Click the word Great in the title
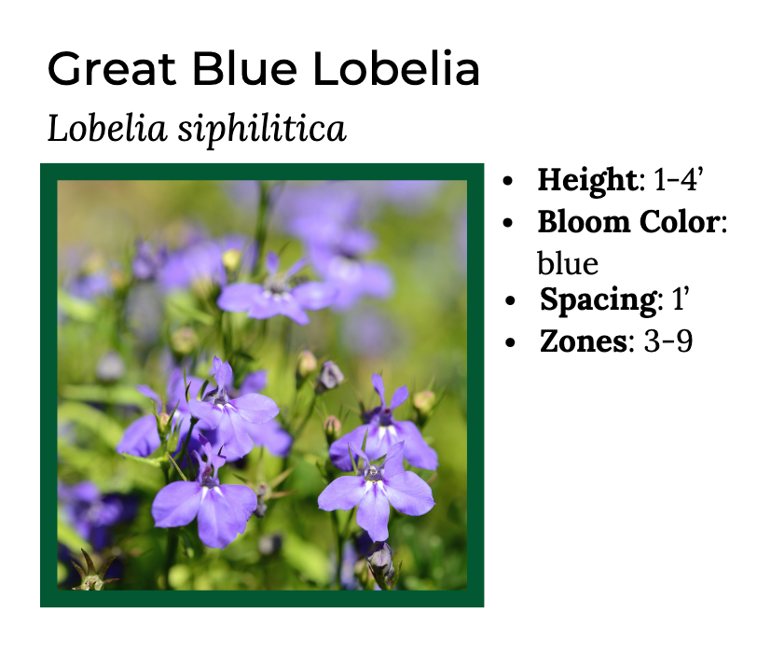tap(112, 68)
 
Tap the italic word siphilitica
tap(262, 129)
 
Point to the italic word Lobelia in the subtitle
tap(107, 128)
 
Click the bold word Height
tap(587, 180)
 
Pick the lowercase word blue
tap(568, 263)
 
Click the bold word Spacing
tap(599, 300)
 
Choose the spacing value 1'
tap(681, 299)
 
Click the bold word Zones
tap(584, 341)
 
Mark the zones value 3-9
tap(668, 341)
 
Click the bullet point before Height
tap(508, 181)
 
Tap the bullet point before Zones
tap(510, 342)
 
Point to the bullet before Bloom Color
tap(508, 223)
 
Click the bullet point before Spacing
tap(510, 301)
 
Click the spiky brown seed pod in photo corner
tap(93, 571)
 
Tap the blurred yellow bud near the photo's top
tap(232, 258)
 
